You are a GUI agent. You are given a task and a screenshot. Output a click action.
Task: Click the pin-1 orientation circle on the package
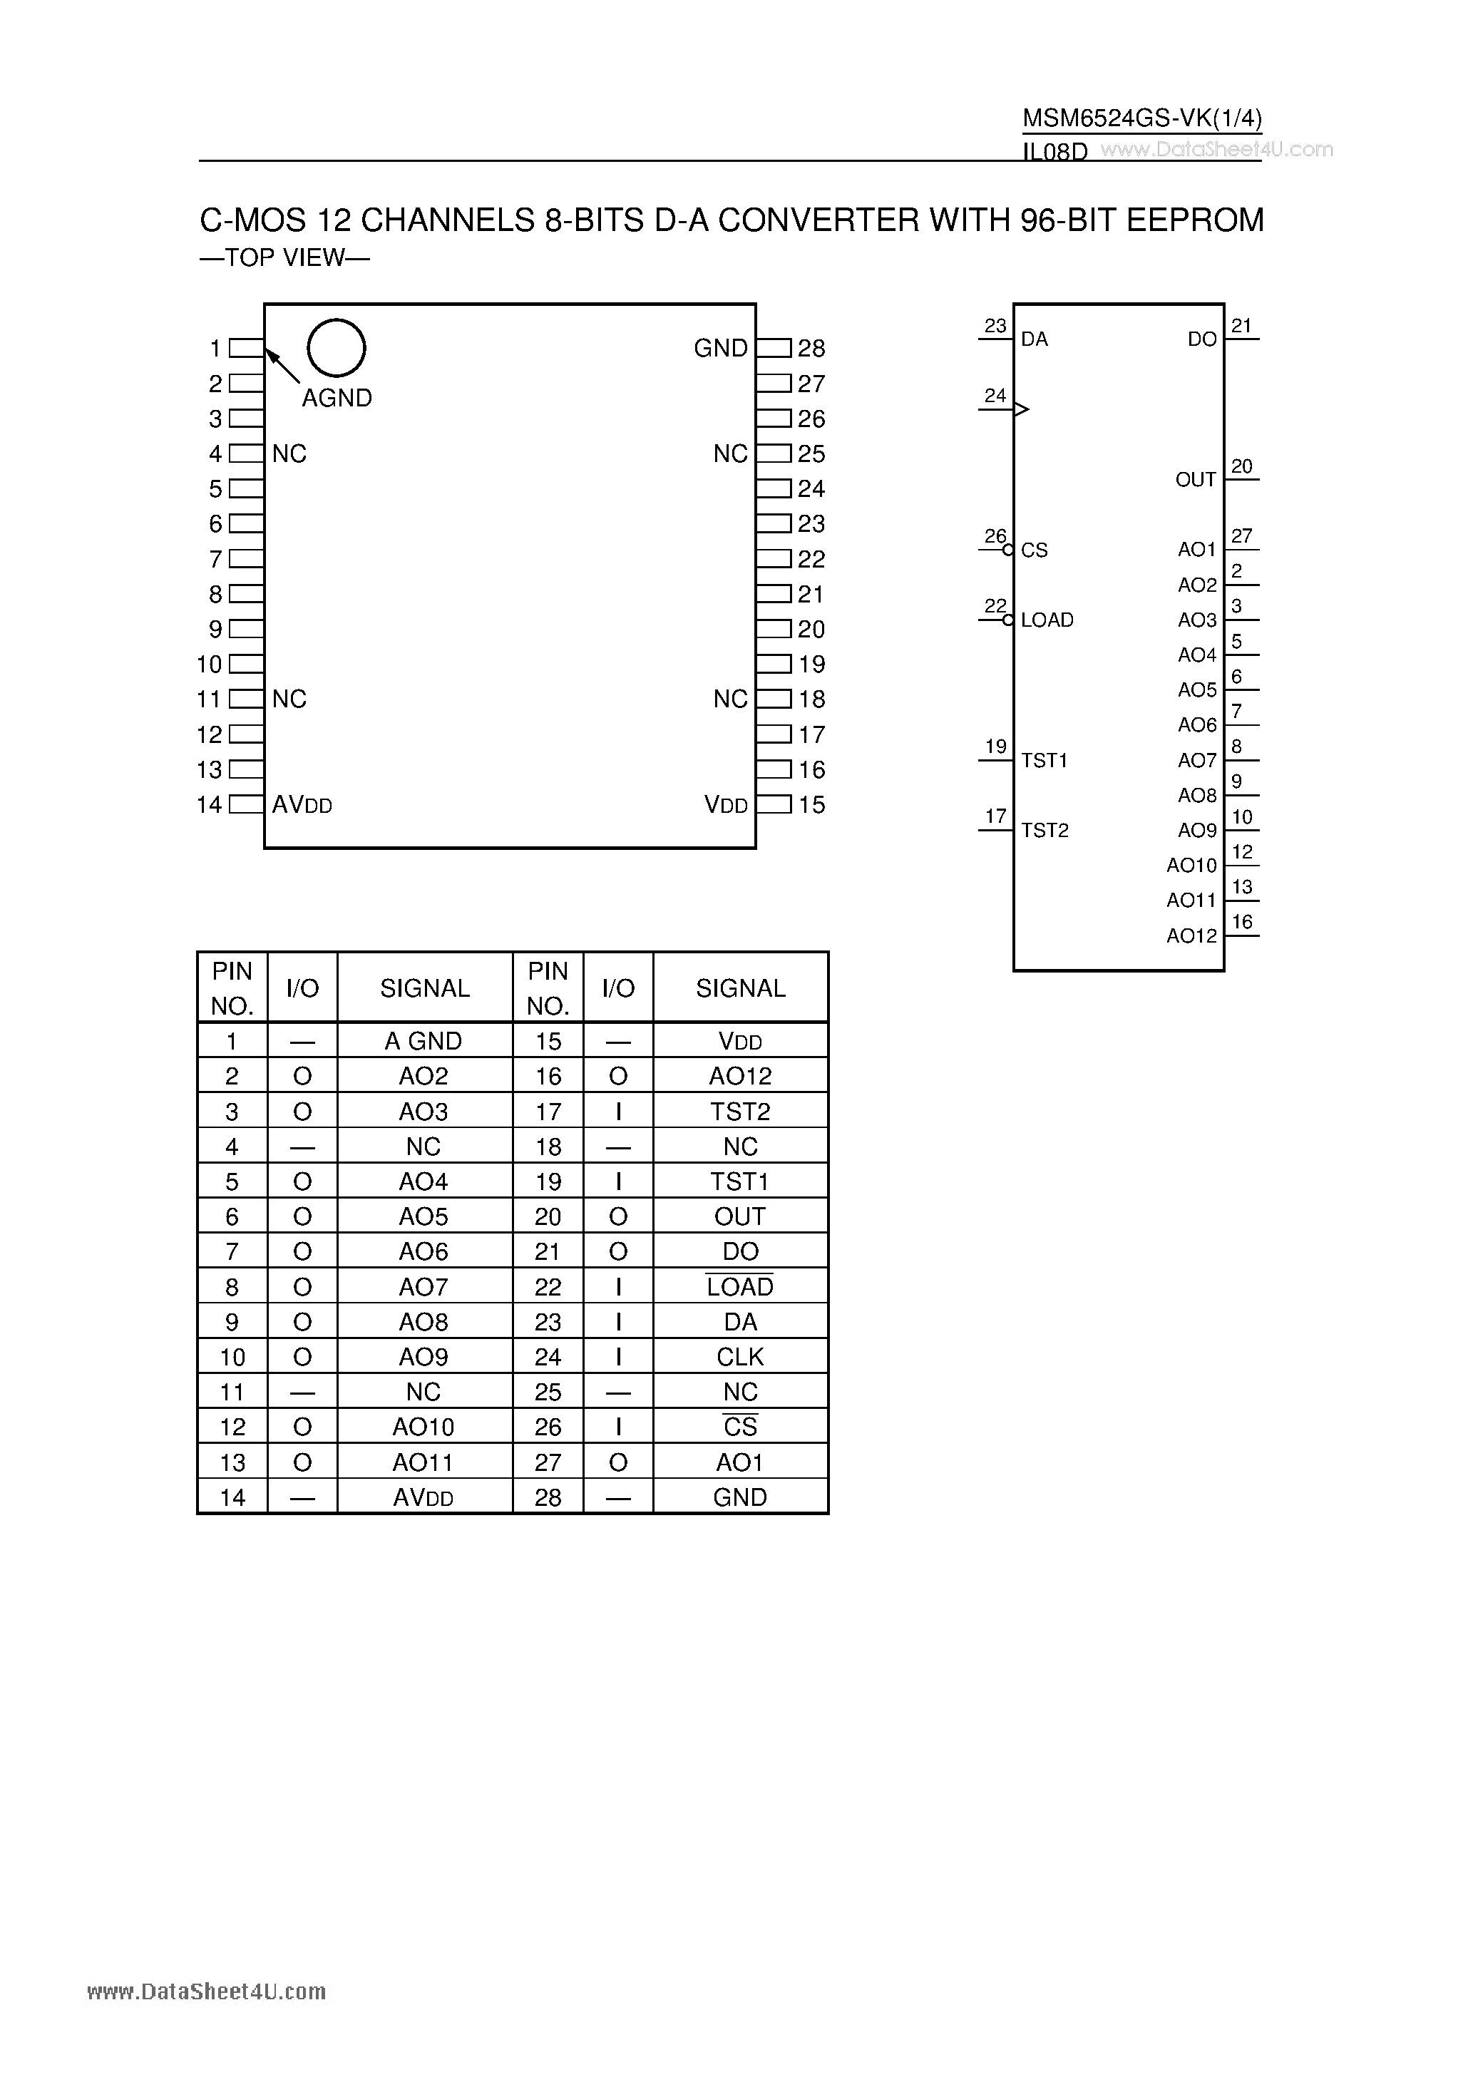337,348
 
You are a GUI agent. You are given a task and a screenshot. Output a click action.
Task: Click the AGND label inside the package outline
337,398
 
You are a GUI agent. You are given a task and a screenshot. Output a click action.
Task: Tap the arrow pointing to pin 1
282,366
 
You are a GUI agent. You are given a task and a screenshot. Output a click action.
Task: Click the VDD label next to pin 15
726,805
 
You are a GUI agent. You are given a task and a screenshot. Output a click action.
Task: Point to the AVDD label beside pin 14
302,805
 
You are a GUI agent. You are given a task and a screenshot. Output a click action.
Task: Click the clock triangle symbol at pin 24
1021,410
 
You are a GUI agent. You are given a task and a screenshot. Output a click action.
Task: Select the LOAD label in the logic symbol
1047,620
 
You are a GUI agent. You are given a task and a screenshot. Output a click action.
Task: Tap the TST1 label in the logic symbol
1044,761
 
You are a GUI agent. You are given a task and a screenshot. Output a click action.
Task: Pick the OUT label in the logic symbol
1196,480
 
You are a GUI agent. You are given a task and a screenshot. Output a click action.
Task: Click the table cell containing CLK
740,1357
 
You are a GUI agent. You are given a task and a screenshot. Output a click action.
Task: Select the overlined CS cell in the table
740,1427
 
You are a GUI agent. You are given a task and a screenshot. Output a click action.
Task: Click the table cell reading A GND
424,1041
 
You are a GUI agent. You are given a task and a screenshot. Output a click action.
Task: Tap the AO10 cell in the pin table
424,1427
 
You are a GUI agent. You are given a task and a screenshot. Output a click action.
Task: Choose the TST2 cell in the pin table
740,1112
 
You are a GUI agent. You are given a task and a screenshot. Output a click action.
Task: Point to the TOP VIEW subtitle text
284,258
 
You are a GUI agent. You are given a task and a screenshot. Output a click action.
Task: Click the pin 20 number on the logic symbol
1242,466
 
